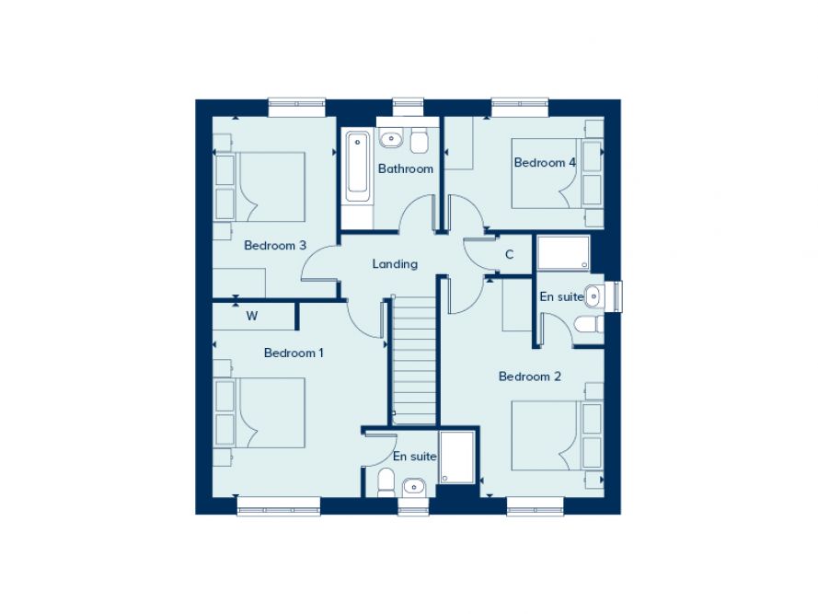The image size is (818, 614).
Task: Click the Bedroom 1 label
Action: point(294,353)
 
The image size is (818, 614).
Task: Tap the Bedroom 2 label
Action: point(529,376)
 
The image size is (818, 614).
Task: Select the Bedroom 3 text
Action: point(274,246)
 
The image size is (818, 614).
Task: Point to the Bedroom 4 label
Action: point(545,163)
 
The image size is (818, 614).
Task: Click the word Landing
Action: point(395,264)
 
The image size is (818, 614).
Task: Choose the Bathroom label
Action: point(405,168)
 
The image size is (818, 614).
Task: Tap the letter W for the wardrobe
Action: point(251,317)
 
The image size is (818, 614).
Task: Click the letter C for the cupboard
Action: point(509,255)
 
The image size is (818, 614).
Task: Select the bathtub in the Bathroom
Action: point(358,168)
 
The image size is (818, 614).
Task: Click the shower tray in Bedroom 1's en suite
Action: point(456,458)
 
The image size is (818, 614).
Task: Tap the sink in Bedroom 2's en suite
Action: point(594,296)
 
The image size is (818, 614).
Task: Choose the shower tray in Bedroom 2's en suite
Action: point(563,252)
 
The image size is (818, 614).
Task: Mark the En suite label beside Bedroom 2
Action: point(560,297)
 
